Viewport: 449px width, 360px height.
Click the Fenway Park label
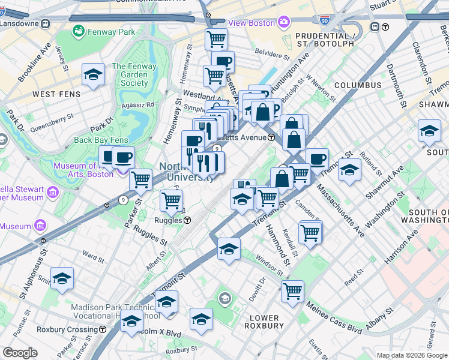pos(112,31)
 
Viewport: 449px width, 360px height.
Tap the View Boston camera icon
pos(283,23)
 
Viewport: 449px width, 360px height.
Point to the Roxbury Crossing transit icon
pos(103,329)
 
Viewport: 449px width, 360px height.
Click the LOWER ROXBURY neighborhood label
pos(264,322)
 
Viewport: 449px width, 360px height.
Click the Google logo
pos(20,353)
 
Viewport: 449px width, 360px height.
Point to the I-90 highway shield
pos(325,21)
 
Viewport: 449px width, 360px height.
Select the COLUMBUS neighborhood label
pos(358,86)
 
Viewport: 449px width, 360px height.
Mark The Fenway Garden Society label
pos(130,75)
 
